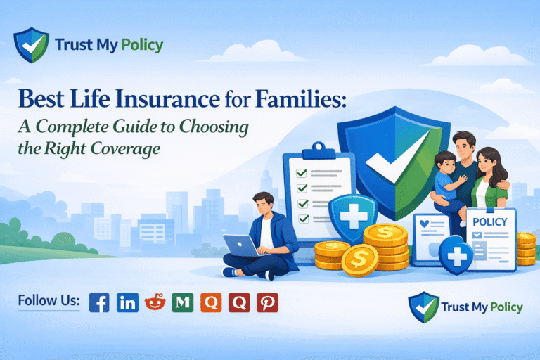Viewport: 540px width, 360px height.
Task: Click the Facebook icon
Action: [x=99, y=302]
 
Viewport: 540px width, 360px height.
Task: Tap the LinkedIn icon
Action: [x=127, y=302]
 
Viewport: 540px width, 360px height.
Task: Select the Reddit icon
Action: [x=155, y=302]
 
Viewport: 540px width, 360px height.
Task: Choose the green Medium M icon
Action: [x=183, y=302]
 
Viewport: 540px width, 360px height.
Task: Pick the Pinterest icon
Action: [x=267, y=302]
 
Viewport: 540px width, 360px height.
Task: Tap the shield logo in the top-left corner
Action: [x=32, y=46]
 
